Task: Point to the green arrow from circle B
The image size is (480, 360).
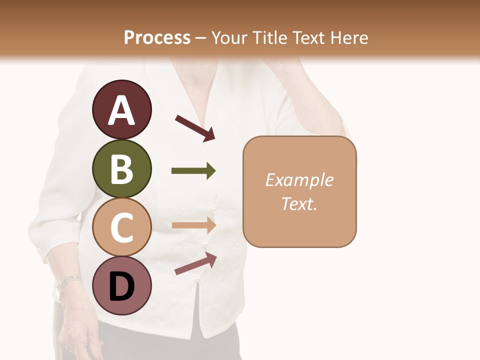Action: (x=193, y=171)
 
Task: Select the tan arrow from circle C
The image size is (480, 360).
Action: (x=193, y=225)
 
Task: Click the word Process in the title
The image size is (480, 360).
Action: (x=157, y=37)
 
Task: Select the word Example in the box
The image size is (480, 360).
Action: (x=299, y=180)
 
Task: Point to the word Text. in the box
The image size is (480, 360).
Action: (x=299, y=203)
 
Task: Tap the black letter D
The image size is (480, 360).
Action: (x=121, y=287)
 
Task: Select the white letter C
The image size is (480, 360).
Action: (x=121, y=228)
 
